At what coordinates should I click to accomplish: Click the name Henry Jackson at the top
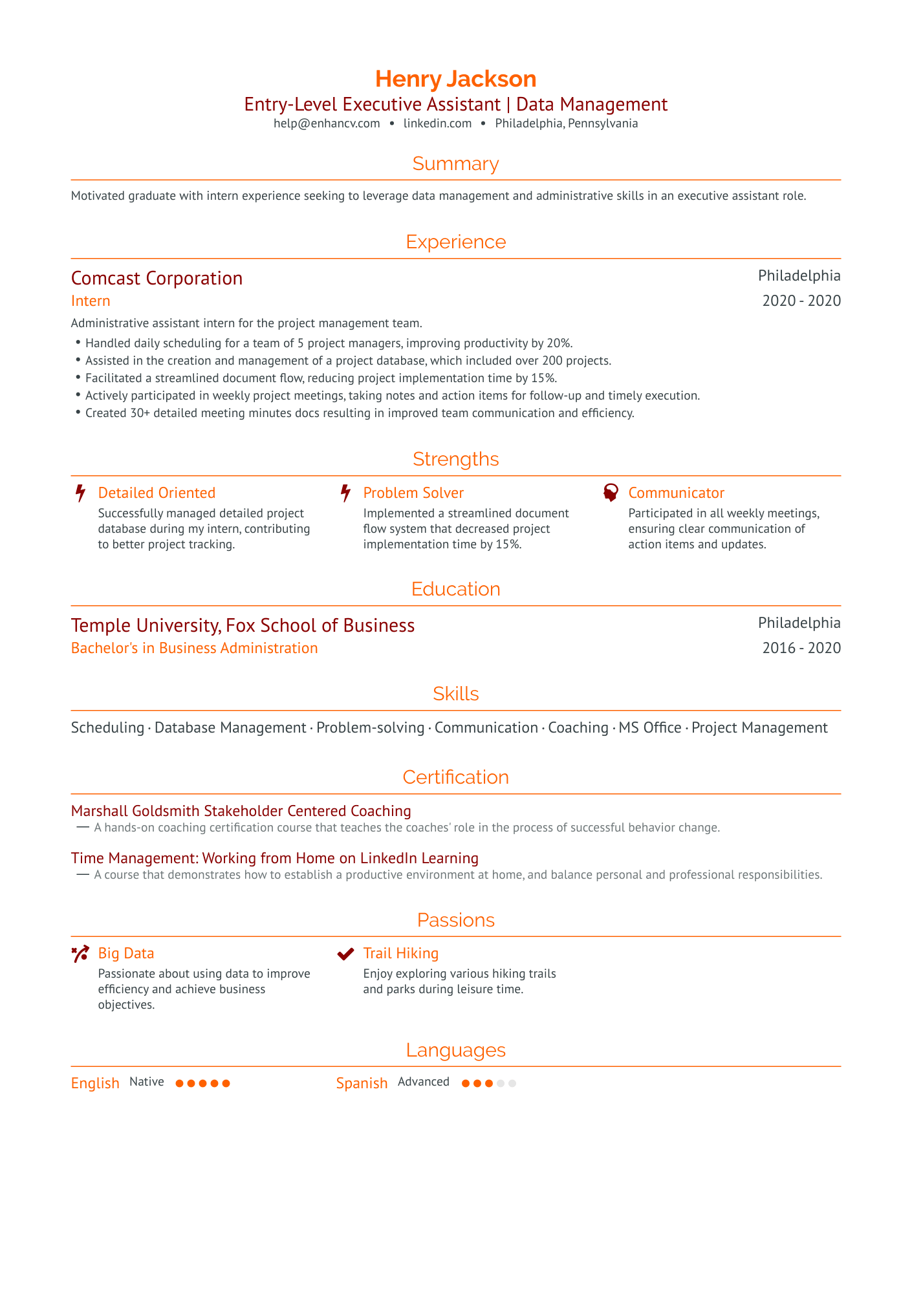(455, 79)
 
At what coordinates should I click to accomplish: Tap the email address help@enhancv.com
(327, 124)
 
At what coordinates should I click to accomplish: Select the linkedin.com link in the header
(437, 124)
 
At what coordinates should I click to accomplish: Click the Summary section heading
(455, 164)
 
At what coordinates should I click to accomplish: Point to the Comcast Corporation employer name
(157, 278)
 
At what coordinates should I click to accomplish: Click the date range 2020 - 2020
(801, 301)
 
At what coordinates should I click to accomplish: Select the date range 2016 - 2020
(801, 648)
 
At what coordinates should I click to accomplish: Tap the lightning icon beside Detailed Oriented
(80, 493)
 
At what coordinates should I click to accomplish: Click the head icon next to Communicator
(611, 493)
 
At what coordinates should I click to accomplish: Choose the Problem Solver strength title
(413, 493)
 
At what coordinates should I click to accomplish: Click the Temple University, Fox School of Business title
(243, 625)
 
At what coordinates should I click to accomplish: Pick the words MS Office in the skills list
(650, 728)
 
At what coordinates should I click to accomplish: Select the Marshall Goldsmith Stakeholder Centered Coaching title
(241, 811)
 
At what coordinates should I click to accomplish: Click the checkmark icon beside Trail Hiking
(346, 954)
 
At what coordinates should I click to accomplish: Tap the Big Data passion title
(126, 954)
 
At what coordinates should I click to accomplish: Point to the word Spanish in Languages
(362, 1083)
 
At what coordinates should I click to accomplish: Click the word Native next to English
(147, 1082)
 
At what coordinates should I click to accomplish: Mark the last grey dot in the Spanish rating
(512, 1083)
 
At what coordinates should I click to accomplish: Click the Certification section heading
(455, 777)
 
